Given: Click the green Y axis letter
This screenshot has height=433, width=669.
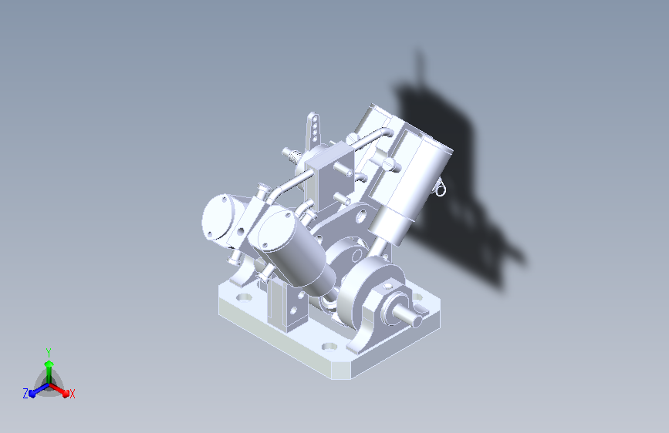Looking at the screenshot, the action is pos(49,352).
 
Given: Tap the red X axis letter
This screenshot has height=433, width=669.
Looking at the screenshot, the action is pos(73,394).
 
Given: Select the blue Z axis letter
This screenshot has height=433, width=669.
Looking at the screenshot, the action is pos(25,394).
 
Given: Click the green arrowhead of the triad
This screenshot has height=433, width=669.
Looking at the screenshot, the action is pos(49,364).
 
